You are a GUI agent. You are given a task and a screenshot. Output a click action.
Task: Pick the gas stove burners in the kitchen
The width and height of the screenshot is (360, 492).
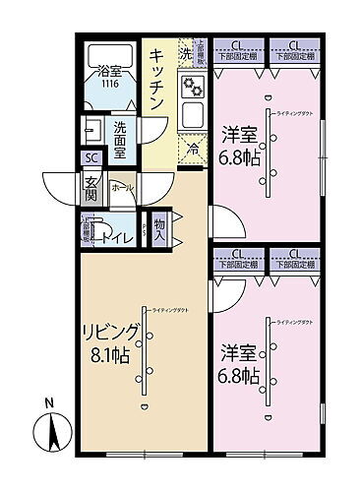click(193, 88)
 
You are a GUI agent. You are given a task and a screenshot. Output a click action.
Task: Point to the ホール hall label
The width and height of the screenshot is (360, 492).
click(122, 187)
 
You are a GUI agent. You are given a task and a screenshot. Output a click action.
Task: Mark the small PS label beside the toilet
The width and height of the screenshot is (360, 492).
click(144, 232)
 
